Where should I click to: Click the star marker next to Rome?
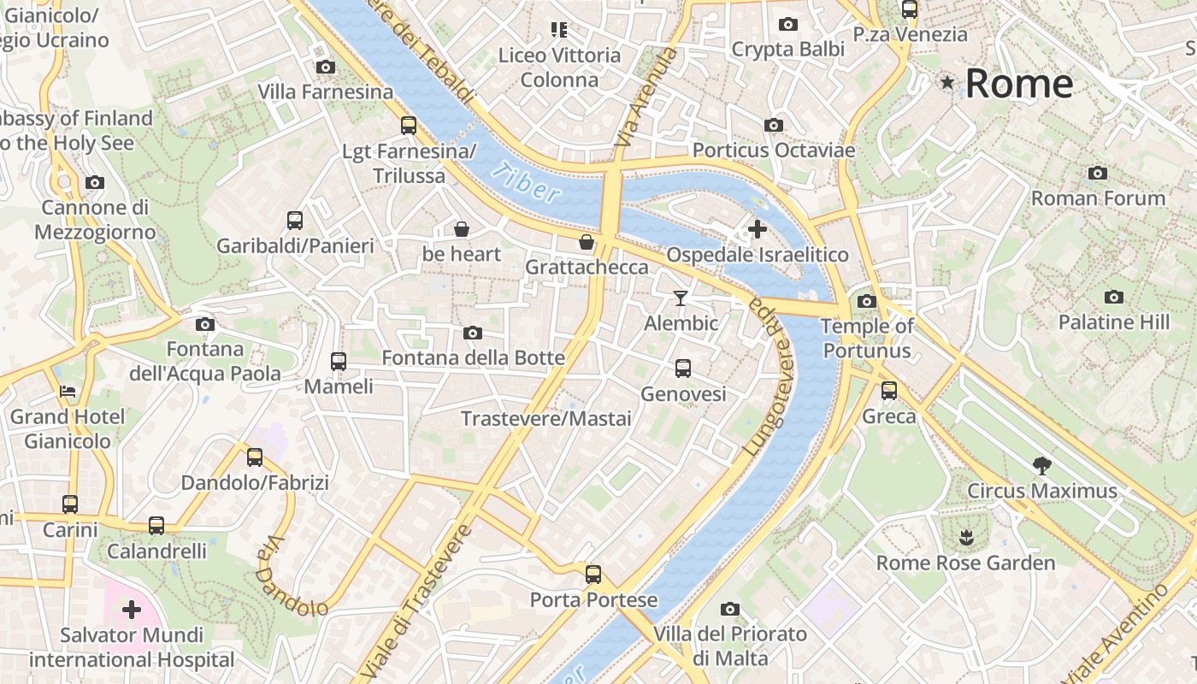[947, 83]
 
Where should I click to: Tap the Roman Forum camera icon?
[1098, 174]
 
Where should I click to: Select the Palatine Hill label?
[1113, 322]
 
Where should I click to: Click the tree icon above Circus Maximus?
[1041, 466]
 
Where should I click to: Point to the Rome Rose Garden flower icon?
[965, 539]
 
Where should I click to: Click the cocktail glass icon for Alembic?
[681, 298]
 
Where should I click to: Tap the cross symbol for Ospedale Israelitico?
[757, 229]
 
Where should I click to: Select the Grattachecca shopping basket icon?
[587, 243]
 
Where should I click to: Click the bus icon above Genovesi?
[682, 369]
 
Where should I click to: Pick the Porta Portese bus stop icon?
[593, 575]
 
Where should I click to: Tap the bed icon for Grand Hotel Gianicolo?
[68, 392]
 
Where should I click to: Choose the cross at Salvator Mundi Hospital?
[131, 610]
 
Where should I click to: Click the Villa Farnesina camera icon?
[325, 67]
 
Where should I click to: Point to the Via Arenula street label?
[646, 96]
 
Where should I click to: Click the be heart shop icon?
[462, 229]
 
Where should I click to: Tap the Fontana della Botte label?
[473, 357]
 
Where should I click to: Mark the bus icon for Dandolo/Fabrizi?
[254, 457]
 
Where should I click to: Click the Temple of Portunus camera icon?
[866, 301]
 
